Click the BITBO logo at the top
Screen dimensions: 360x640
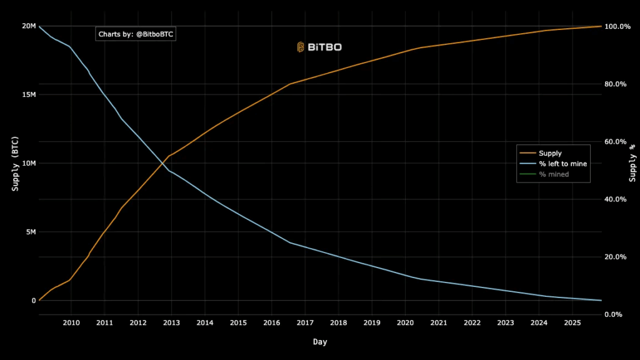pyautogui.click(x=319, y=47)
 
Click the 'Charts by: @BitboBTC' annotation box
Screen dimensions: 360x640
pyautogui.click(x=136, y=34)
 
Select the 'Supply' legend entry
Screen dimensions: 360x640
pyautogui.click(x=550, y=153)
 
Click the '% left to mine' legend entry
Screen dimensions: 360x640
pyautogui.click(x=562, y=164)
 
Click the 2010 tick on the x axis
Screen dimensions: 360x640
pyautogui.click(x=71, y=322)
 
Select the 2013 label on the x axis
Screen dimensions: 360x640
pyautogui.click(x=171, y=322)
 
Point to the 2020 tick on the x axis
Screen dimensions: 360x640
pyautogui.click(x=405, y=322)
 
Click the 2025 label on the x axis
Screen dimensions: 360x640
pyautogui.click(x=572, y=322)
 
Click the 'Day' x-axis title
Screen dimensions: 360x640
pyautogui.click(x=320, y=342)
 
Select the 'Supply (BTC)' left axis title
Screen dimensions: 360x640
pyautogui.click(x=15, y=163)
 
